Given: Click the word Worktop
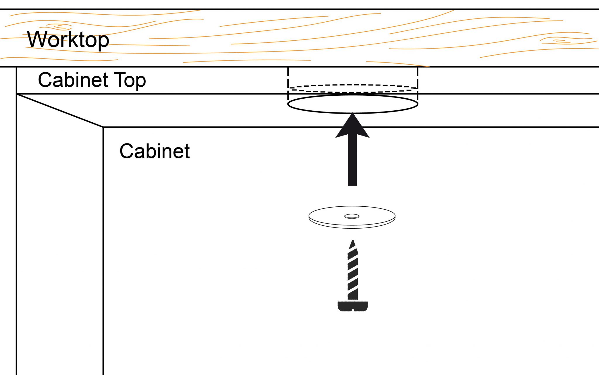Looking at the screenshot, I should click(68, 40).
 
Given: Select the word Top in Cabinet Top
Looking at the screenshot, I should click(130, 80).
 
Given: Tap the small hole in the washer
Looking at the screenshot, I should click(352, 216).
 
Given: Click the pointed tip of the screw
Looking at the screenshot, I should click(353, 243).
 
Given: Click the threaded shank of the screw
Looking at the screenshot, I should click(353, 275).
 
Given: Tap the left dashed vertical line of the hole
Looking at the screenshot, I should click(288, 79).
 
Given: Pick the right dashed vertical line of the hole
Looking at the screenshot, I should click(417, 79).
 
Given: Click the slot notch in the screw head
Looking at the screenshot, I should click(353, 309).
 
